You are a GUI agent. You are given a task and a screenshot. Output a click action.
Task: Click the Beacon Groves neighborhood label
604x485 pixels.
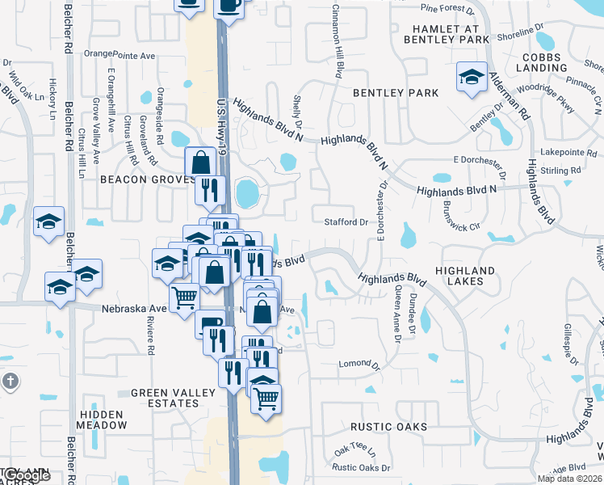pyautogui.click(x=142, y=179)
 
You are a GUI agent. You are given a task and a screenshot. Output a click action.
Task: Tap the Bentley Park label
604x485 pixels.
pyautogui.click(x=396, y=93)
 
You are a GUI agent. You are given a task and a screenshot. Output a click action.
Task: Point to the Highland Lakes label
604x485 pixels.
pyautogui.click(x=465, y=276)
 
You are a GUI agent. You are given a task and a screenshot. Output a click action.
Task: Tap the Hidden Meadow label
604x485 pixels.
pyautogui.click(x=101, y=420)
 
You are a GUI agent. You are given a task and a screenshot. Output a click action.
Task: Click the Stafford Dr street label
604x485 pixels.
pyautogui.click(x=346, y=221)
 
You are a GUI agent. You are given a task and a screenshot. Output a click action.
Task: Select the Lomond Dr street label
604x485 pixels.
pyautogui.click(x=359, y=365)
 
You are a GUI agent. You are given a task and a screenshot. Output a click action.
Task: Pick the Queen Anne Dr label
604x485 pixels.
pyautogui.click(x=396, y=314)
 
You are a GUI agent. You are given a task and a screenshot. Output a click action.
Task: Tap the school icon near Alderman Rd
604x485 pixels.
pyautogui.click(x=471, y=77)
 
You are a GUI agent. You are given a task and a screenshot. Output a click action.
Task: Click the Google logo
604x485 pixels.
pyautogui.click(x=26, y=476)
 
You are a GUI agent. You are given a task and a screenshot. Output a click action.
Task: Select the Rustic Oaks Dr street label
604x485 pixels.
pyautogui.click(x=361, y=467)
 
